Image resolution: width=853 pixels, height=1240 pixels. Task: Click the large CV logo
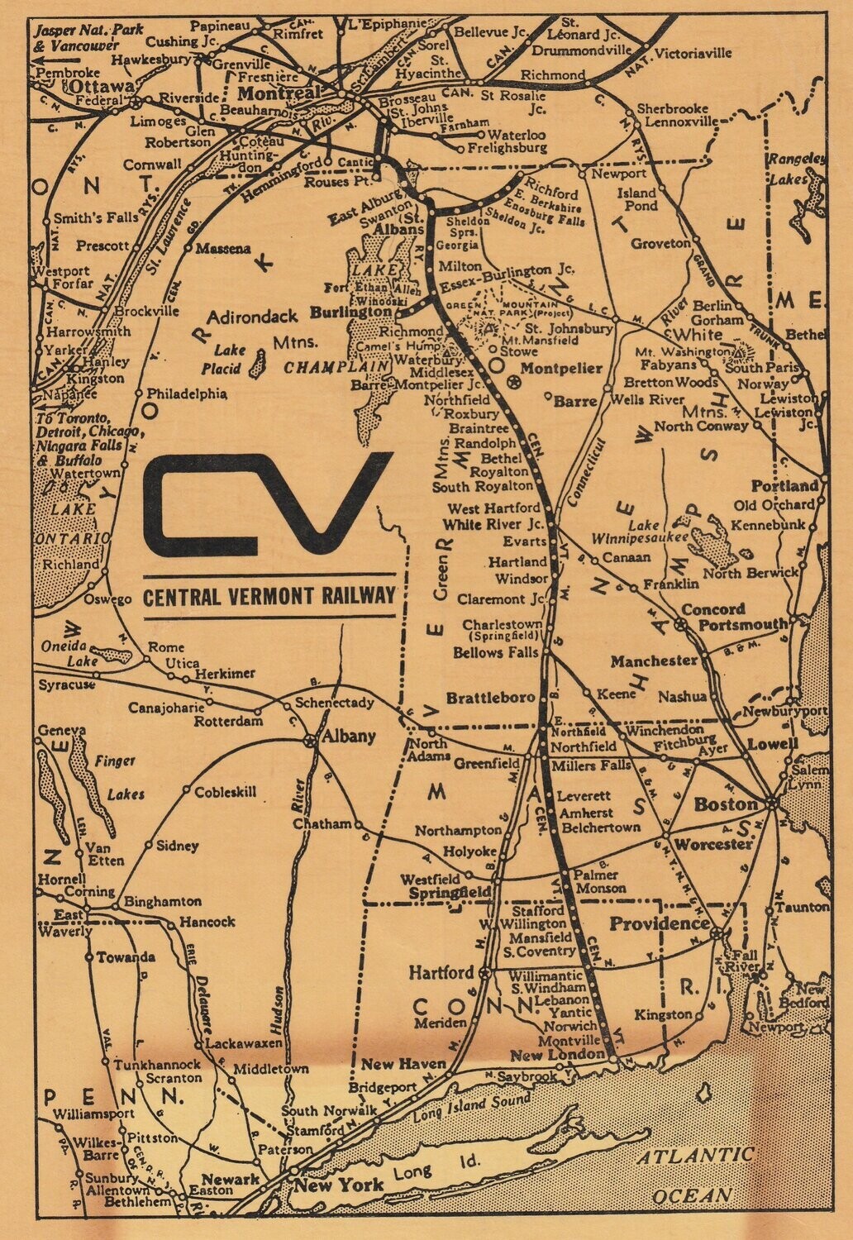(x=267, y=503)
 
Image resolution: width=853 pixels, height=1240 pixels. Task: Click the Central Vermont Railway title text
(x=269, y=595)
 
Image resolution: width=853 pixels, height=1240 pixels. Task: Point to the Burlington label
(x=351, y=313)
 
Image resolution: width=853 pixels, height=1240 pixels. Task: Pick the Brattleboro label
(x=491, y=698)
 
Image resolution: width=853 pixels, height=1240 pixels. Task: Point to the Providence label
(x=660, y=923)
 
